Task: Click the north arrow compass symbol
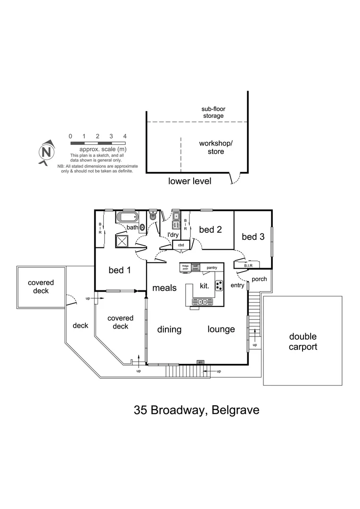tap(46, 152)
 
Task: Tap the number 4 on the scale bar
tap(125, 136)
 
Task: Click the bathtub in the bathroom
tap(127, 218)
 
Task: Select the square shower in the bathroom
tap(123, 241)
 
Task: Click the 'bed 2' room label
tap(210, 230)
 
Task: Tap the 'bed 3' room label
tap(253, 237)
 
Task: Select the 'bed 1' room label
tap(120, 270)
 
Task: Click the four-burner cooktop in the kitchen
tap(219, 285)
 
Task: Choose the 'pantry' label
tap(212, 268)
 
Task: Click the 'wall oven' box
tap(195, 267)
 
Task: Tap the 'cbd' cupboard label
tap(181, 245)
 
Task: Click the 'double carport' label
tap(303, 342)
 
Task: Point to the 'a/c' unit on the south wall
tap(201, 362)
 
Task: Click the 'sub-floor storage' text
tap(213, 112)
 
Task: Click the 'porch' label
tap(259, 279)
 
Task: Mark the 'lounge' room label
tap(221, 329)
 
